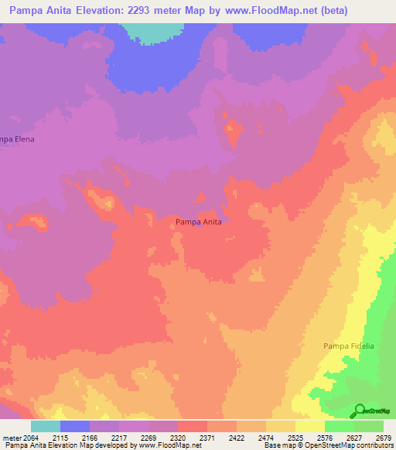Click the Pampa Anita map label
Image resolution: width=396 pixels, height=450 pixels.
(199, 222)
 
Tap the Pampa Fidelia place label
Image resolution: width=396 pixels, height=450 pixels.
(348, 346)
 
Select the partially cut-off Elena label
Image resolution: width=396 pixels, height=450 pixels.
(18, 139)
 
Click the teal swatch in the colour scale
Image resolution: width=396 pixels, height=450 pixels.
(46, 426)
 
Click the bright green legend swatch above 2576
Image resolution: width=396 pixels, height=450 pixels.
(339, 426)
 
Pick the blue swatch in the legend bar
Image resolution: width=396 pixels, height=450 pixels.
(75, 426)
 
